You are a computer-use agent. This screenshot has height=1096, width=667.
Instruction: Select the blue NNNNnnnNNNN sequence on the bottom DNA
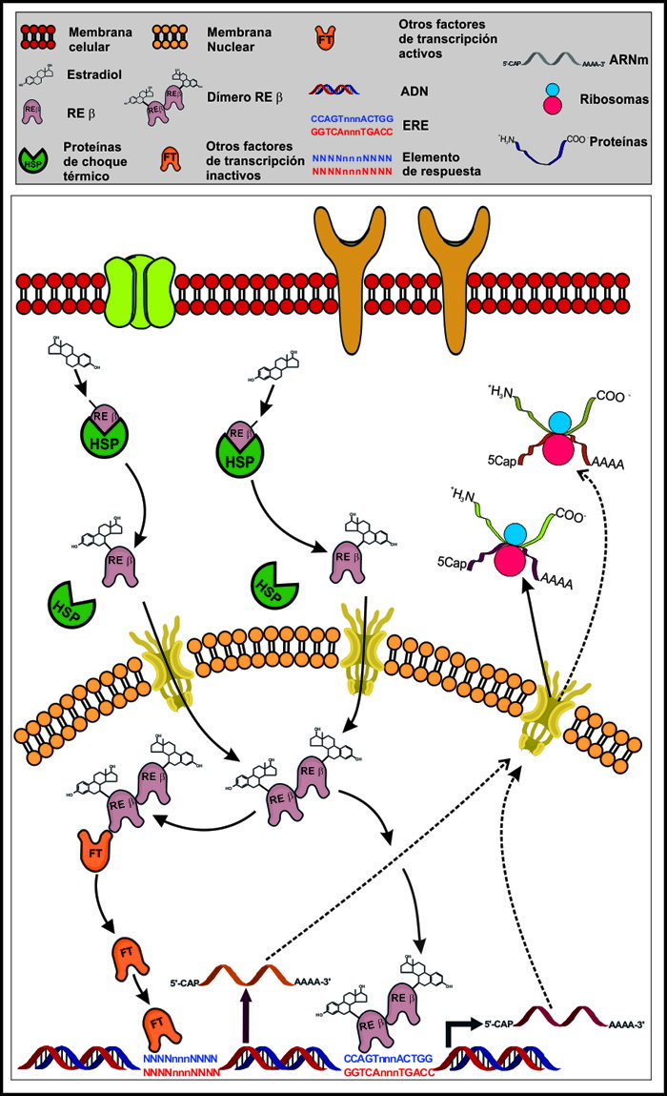tap(183, 1058)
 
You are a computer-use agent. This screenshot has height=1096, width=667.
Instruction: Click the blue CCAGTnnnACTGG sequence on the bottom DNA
tap(388, 1058)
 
